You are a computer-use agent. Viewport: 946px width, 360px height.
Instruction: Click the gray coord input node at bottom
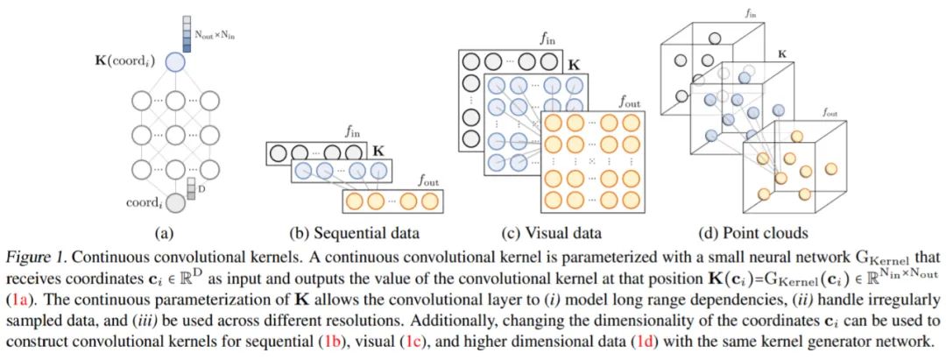coord(176,203)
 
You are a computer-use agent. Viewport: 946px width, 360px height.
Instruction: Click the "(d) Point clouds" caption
coord(753,234)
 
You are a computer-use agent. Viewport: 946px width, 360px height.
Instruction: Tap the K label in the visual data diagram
coord(574,64)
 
